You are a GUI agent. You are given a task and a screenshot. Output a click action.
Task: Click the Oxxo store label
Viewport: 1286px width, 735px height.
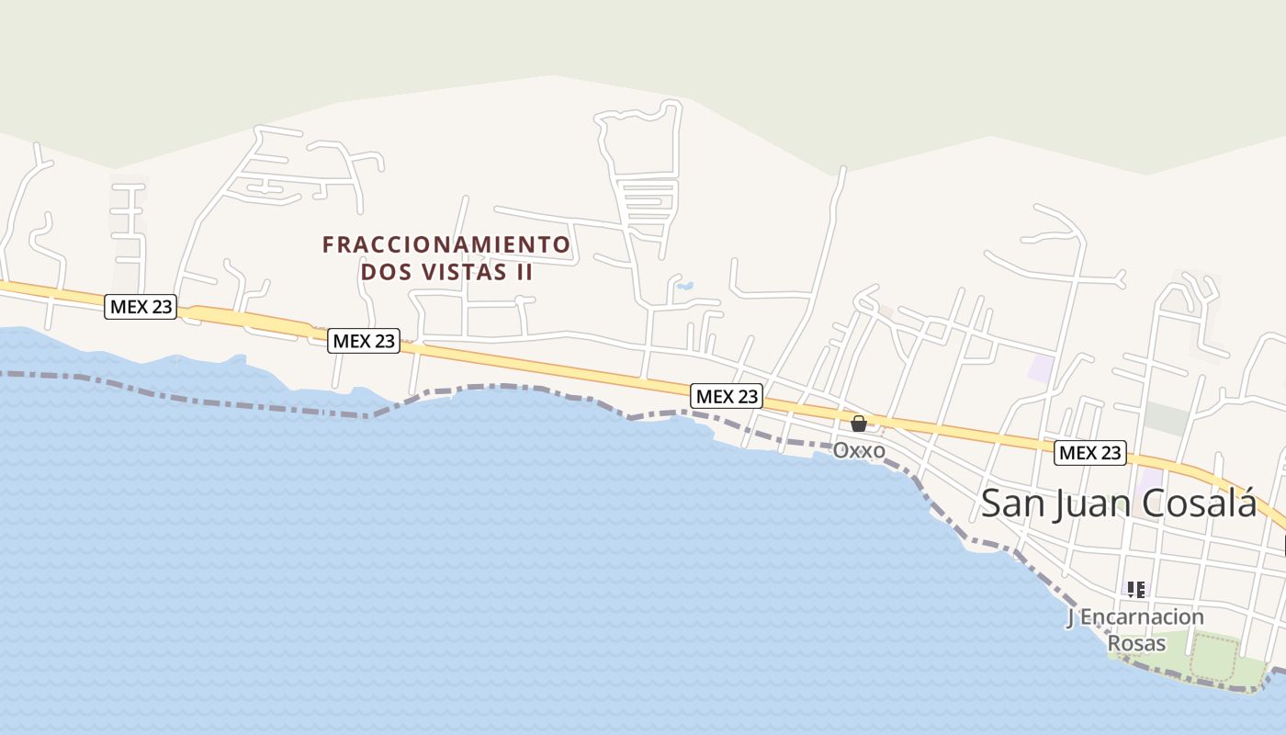pyautogui.click(x=859, y=450)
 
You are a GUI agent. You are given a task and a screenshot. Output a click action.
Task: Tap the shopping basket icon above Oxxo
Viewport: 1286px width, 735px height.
pyautogui.click(x=859, y=424)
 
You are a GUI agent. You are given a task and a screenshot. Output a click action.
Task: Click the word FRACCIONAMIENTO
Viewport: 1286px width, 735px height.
pyautogui.click(x=446, y=244)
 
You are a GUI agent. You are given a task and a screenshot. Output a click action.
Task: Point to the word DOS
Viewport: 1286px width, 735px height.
pyautogui.click(x=381, y=273)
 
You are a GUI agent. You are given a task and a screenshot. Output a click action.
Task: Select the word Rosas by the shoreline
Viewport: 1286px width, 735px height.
pyautogui.click(x=1135, y=643)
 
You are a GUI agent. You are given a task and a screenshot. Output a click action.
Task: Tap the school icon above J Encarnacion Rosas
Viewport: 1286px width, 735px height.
pyautogui.click(x=1136, y=589)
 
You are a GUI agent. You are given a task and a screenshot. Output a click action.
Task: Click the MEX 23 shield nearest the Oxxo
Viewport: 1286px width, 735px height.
pyautogui.click(x=727, y=396)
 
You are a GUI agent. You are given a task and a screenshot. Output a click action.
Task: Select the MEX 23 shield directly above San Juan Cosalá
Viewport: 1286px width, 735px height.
pyautogui.click(x=1090, y=452)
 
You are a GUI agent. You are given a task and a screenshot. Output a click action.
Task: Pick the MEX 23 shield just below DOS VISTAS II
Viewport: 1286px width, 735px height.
pyautogui.click(x=364, y=341)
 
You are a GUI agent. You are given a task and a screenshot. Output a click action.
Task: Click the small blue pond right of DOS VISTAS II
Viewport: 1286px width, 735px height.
pyautogui.click(x=684, y=286)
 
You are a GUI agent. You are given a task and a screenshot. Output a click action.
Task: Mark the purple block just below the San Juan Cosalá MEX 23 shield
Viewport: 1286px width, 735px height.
pyautogui.click(x=1148, y=480)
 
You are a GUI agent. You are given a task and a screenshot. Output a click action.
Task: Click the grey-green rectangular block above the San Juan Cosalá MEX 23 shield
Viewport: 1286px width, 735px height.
pyautogui.click(x=1167, y=418)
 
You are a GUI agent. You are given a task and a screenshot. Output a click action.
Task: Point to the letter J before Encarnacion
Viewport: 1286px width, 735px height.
pyautogui.click(x=1070, y=617)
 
